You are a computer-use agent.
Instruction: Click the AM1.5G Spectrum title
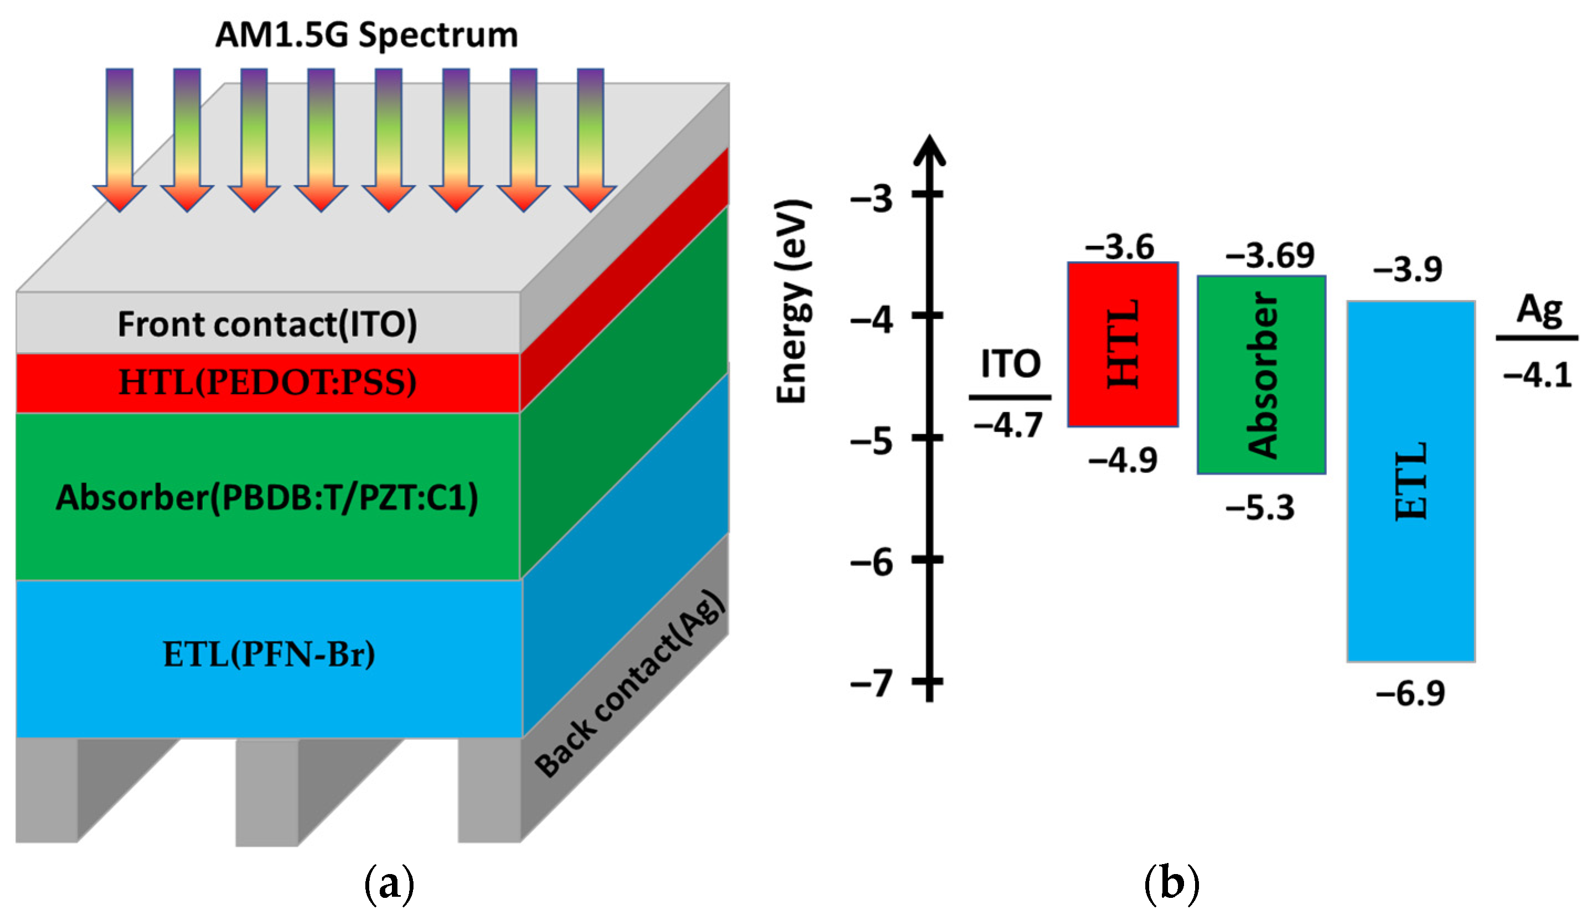(x=366, y=35)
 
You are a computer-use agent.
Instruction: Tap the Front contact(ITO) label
(x=267, y=324)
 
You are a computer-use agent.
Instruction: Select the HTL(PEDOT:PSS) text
(x=267, y=383)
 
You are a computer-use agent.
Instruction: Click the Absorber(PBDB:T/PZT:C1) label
(x=267, y=498)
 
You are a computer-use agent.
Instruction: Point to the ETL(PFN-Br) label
(x=269, y=655)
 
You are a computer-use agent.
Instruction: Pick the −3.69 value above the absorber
(x=1270, y=256)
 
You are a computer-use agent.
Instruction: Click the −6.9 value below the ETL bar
(x=1410, y=694)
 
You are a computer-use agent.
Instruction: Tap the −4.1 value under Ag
(x=1537, y=376)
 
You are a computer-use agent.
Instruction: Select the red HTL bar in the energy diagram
(x=1123, y=344)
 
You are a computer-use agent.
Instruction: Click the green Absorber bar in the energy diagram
(x=1261, y=375)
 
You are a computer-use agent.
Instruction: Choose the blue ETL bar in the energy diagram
(x=1410, y=482)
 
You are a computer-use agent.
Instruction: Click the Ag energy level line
(x=1537, y=339)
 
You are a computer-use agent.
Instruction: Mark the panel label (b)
(x=1171, y=885)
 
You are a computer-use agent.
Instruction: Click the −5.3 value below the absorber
(x=1260, y=508)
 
